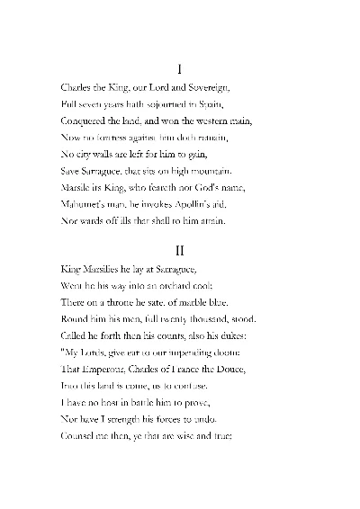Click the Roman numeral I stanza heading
(x=180, y=68)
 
